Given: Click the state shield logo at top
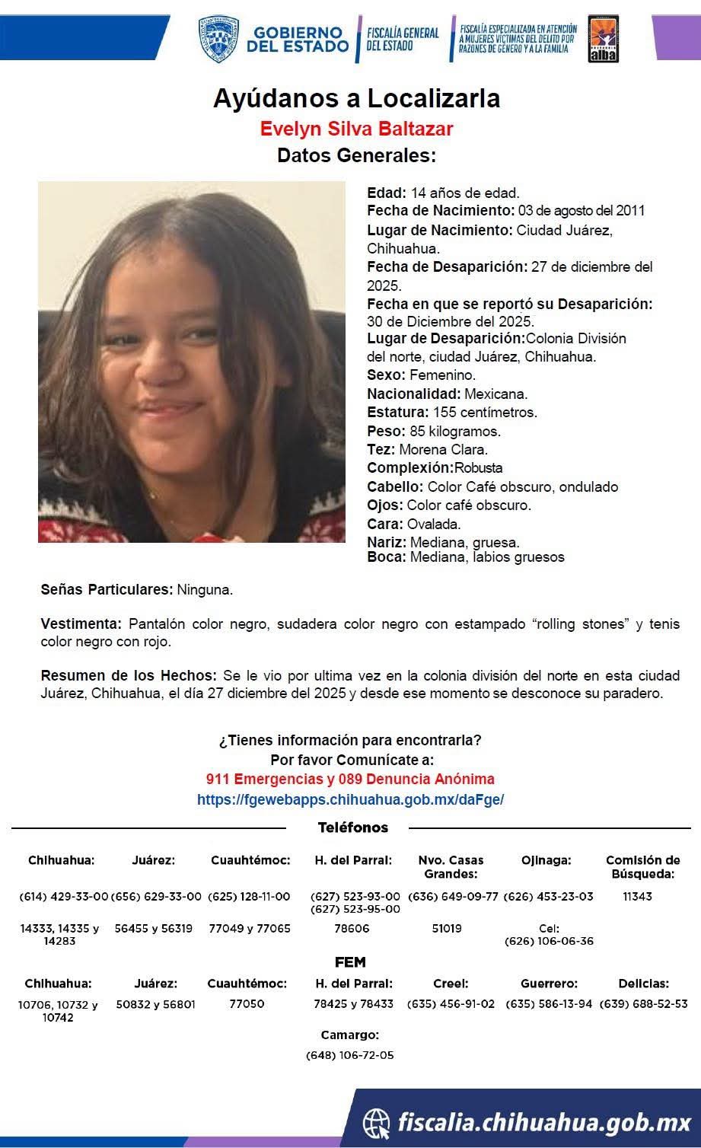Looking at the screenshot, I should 219,40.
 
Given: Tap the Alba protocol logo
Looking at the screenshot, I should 603,40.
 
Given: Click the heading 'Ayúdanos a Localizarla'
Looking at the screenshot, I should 356,99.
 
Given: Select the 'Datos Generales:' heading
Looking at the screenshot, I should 356,156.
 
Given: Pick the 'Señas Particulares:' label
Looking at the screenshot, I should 107,589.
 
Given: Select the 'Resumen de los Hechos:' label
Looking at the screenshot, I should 128,676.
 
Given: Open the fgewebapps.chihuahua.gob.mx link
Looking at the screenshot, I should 350,800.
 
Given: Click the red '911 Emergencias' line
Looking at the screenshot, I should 350,780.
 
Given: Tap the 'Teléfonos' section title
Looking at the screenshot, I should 352,828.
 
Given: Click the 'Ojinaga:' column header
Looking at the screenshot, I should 546,860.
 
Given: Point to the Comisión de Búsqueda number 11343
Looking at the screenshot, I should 637,897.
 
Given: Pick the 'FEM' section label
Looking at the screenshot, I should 350,962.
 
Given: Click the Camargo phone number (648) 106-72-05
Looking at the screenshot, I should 350,1055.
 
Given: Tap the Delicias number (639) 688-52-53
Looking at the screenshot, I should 643,1004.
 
